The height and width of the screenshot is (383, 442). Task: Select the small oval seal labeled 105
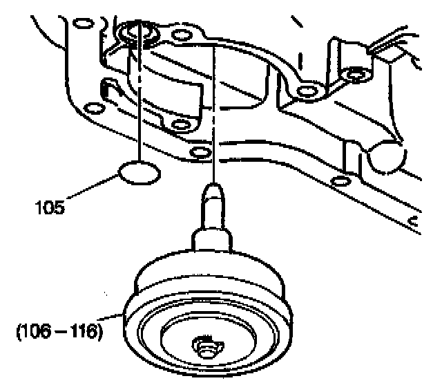point(139,172)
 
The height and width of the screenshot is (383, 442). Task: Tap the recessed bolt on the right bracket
point(356,73)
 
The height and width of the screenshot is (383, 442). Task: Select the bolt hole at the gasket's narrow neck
point(304,91)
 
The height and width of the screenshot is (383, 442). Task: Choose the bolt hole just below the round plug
point(338,182)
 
